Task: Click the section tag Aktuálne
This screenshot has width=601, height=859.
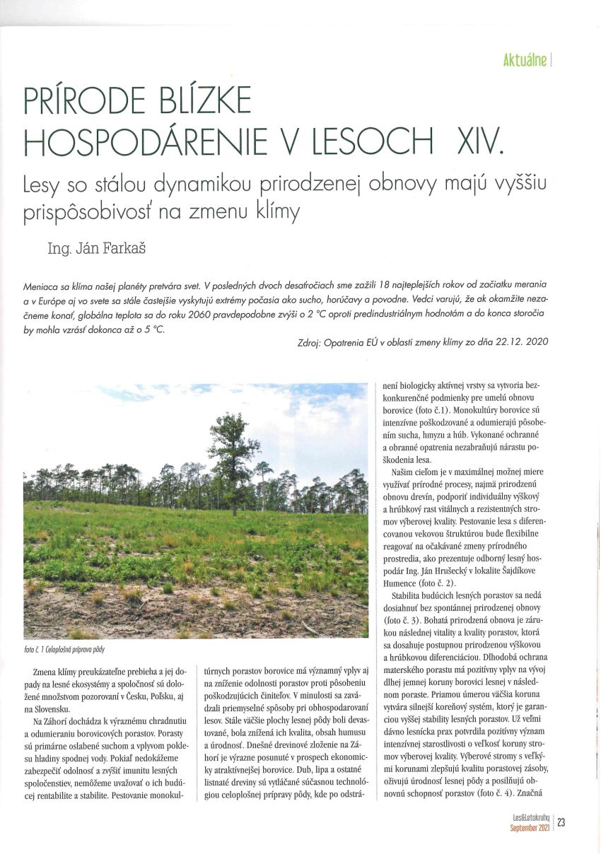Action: click(524, 60)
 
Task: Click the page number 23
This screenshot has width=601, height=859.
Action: click(561, 822)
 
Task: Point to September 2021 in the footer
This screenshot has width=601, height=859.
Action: click(530, 826)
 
